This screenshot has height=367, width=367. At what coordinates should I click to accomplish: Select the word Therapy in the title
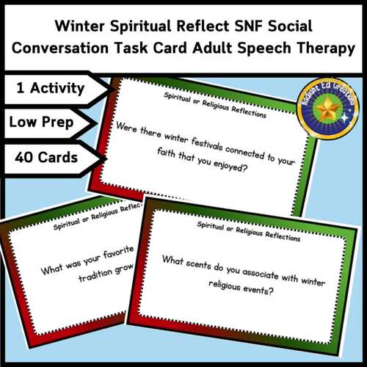(319, 50)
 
